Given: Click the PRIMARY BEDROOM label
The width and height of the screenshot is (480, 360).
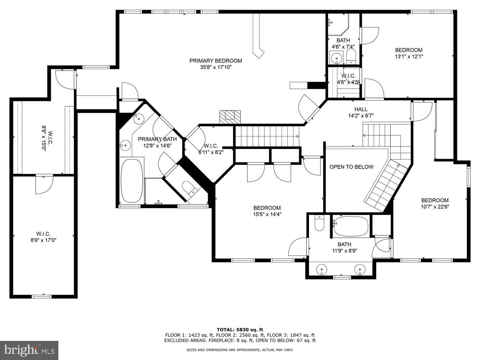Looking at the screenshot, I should pyautogui.click(x=216, y=61).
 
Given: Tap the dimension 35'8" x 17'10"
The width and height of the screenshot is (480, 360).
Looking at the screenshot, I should pyautogui.click(x=216, y=67).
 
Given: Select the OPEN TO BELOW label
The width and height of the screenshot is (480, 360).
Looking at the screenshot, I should pyautogui.click(x=351, y=167).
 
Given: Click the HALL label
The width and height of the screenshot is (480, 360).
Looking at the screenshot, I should pyautogui.click(x=361, y=109).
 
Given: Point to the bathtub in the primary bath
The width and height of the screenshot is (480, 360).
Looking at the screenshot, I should pyautogui.click(x=131, y=181).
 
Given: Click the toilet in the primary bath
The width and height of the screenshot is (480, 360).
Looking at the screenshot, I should pyautogui.click(x=189, y=188).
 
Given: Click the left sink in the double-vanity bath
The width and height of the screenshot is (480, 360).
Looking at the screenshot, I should pyautogui.click(x=322, y=269).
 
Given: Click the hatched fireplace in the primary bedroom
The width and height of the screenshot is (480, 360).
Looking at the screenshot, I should pyautogui.click(x=230, y=116).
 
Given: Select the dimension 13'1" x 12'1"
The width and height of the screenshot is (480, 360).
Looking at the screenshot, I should pyautogui.click(x=409, y=56).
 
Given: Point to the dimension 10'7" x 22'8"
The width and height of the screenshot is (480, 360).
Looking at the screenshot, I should pyautogui.click(x=435, y=207).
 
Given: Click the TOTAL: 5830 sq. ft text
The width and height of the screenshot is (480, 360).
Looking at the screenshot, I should pyautogui.click(x=240, y=329).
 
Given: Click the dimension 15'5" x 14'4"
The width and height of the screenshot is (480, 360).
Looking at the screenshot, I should pyautogui.click(x=267, y=214).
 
